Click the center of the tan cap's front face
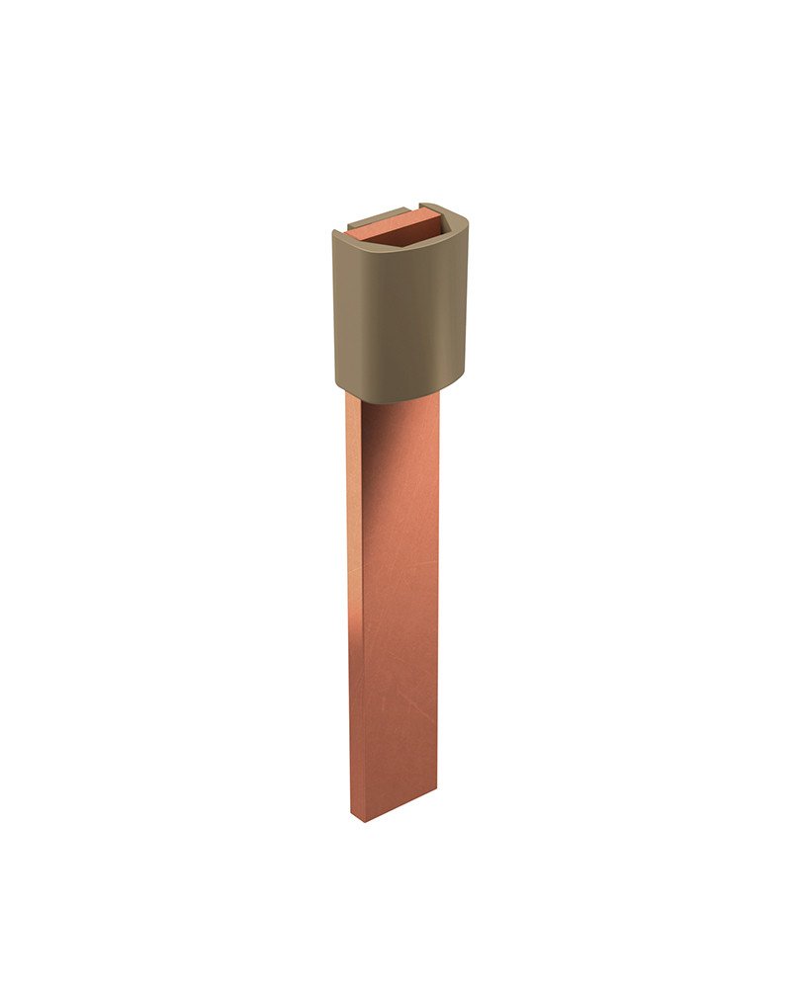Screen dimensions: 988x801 [400, 316]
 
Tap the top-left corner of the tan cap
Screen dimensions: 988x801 [336, 233]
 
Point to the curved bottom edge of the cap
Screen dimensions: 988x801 [400, 398]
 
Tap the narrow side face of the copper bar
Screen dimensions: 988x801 [355, 613]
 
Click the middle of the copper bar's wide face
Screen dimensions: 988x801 [400, 603]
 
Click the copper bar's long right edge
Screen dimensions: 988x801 [436, 593]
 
